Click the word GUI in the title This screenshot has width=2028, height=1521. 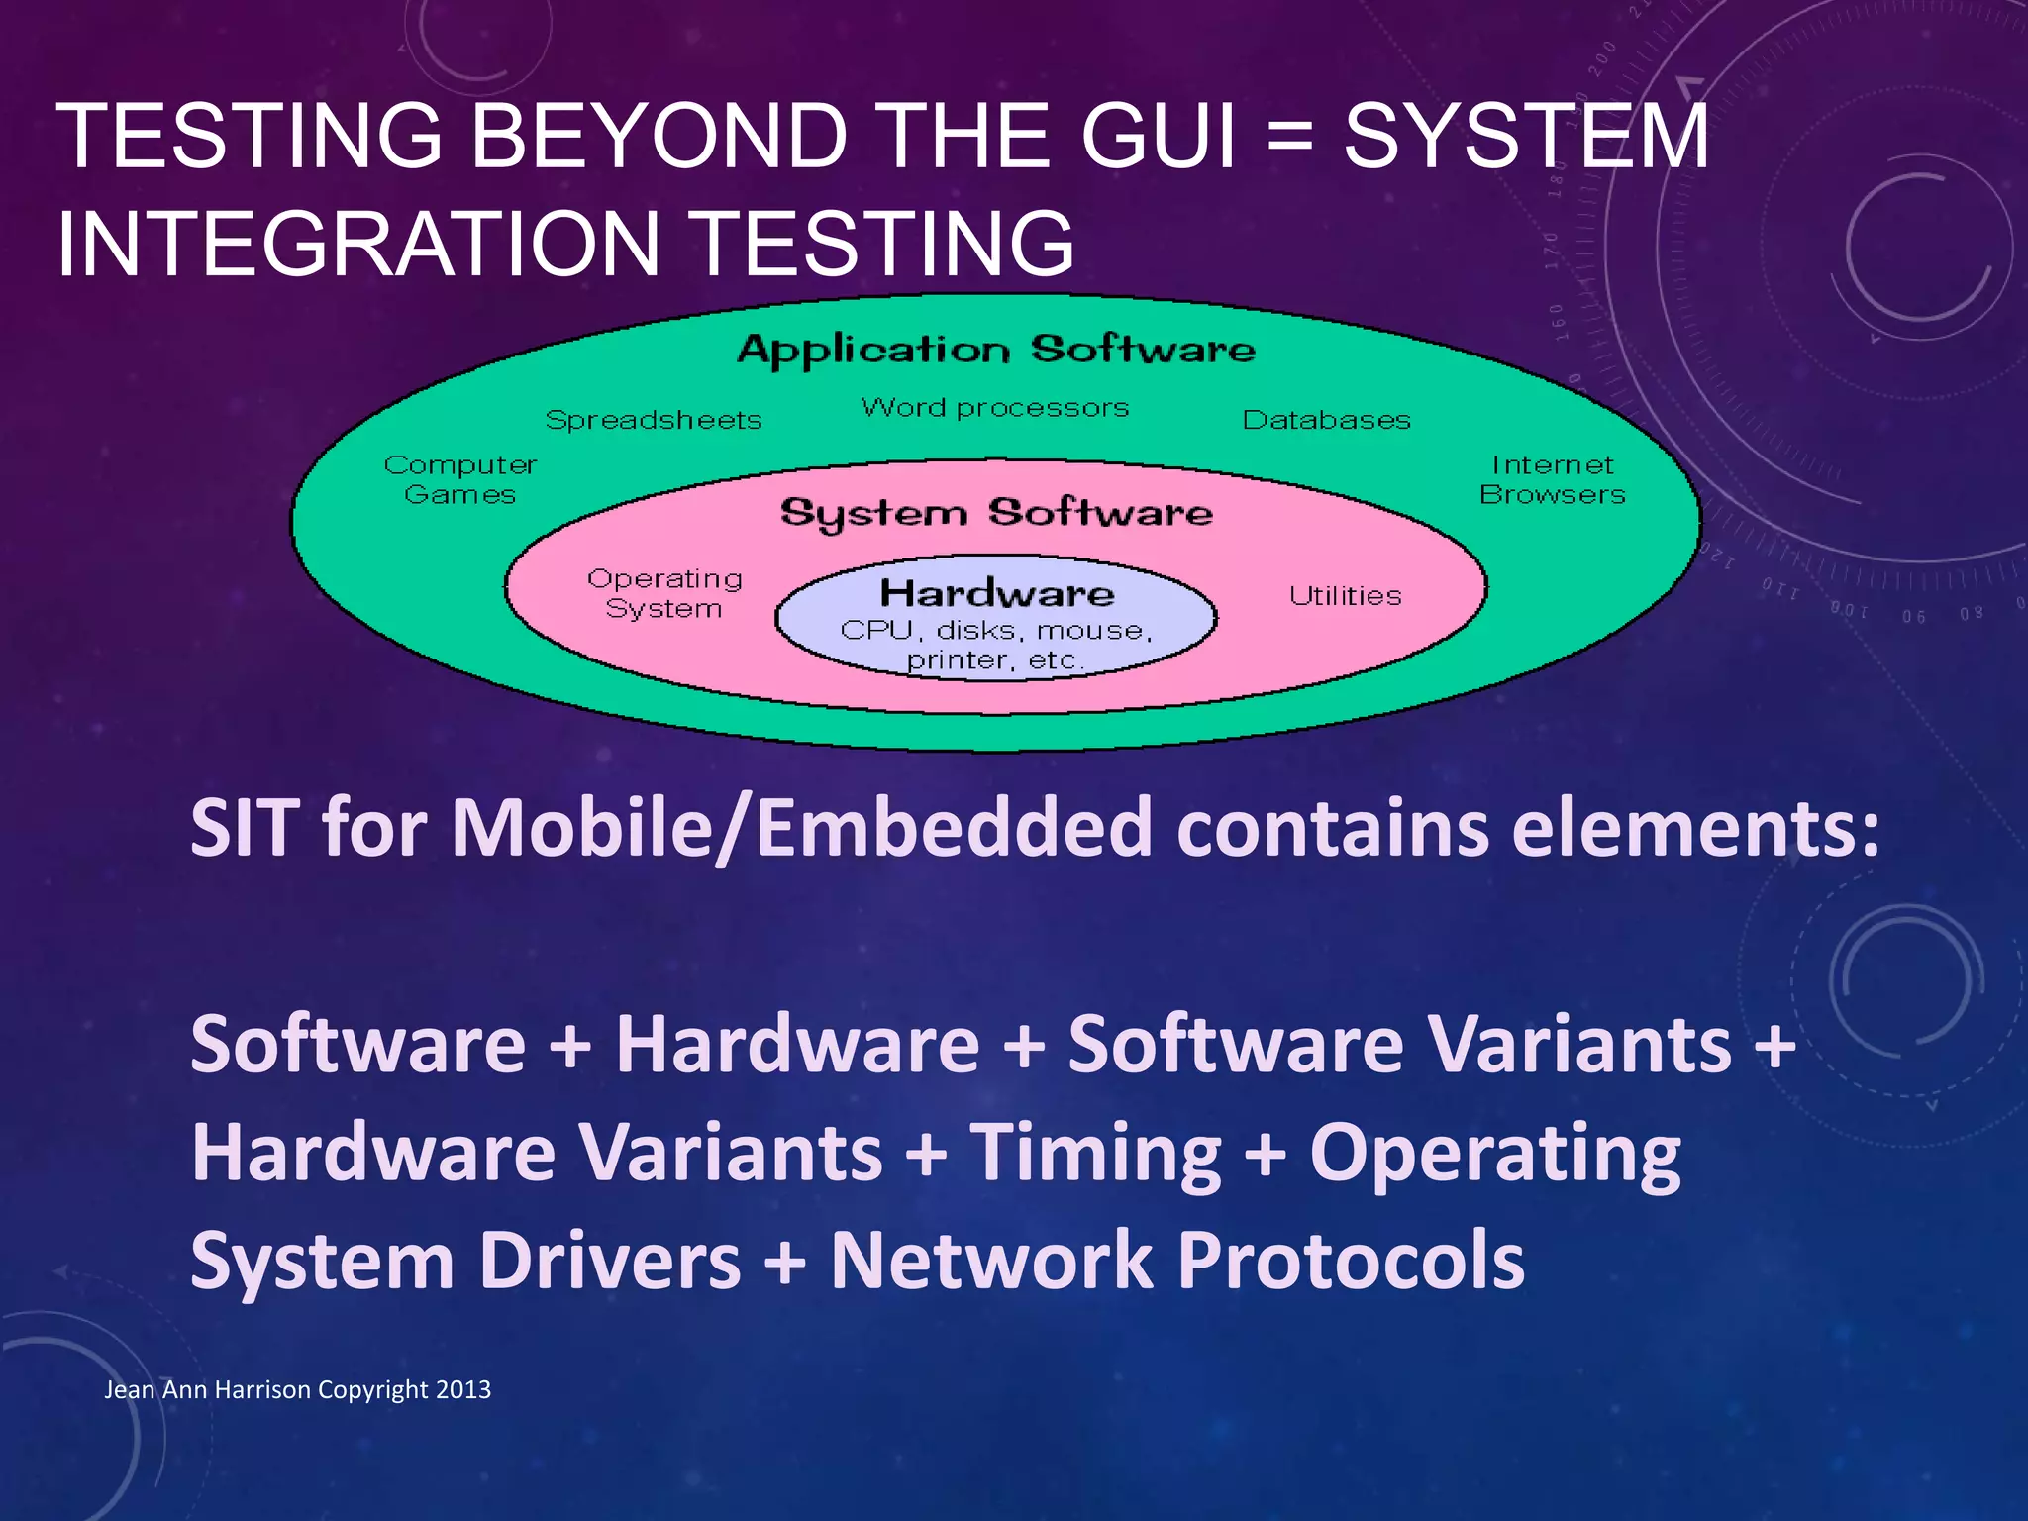coord(1158,137)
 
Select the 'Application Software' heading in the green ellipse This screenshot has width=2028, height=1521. coord(995,350)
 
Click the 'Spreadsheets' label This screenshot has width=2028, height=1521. coord(654,420)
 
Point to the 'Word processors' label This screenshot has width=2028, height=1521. coord(995,408)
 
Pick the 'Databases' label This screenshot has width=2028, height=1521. coord(1326,420)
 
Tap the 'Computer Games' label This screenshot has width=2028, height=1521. coord(460,479)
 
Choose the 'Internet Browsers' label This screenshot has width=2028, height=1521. coord(1552,479)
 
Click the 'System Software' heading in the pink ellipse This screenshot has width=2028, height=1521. coord(995,513)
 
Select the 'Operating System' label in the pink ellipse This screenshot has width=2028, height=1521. coord(664,593)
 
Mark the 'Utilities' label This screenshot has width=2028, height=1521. coord(1345,596)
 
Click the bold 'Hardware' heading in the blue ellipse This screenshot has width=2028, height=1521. coord(996,593)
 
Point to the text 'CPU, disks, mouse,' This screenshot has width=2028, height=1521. coord(996,631)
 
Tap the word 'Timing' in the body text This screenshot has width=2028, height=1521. coord(1095,1153)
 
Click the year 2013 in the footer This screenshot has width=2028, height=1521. coord(463,1389)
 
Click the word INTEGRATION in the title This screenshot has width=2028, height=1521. coord(358,245)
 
